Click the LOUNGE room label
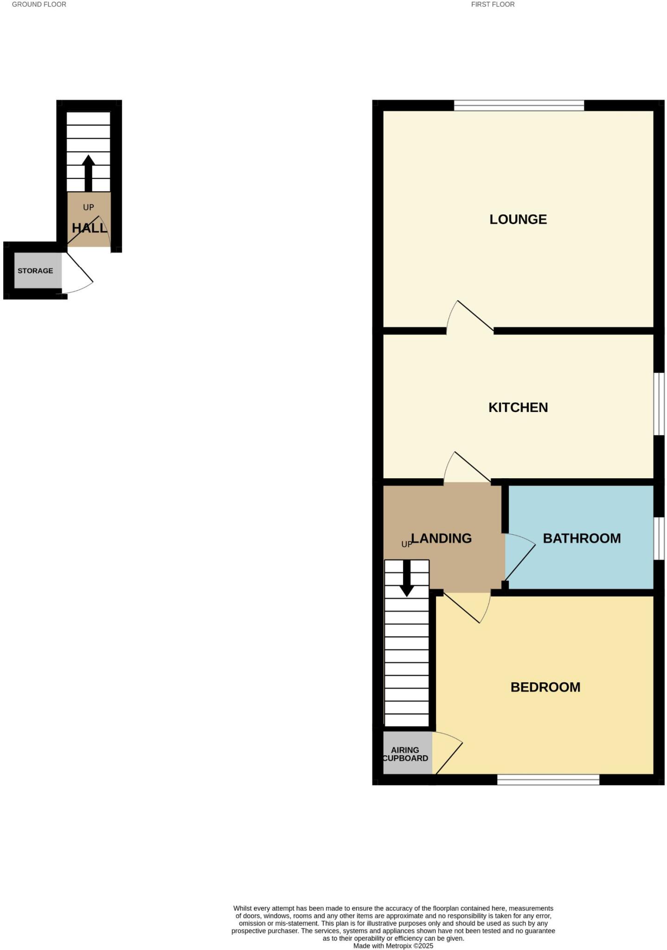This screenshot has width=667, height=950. coord(518,219)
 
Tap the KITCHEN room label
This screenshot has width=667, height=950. coord(518,407)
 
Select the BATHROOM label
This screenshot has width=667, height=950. coord(582,538)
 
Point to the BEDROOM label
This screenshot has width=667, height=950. coord(545,687)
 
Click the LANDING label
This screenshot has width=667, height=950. coord(442,538)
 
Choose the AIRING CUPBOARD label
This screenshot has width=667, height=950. coord(405,754)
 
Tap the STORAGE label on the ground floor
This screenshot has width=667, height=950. coord(35,271)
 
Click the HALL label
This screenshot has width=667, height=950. coord(89,228)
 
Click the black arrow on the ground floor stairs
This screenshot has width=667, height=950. coord(88,173)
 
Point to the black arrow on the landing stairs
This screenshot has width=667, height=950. coord(407,578)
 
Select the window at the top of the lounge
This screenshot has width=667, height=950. coord(519,106)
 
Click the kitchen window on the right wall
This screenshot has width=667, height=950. coord(659,404)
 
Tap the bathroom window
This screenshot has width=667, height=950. coord(659,538)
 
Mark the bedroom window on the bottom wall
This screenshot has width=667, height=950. coord(548,780)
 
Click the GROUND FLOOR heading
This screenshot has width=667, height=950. coord(39,5)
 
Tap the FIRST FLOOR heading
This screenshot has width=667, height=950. coord(493,5)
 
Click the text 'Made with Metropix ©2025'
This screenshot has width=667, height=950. coord(393,945)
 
